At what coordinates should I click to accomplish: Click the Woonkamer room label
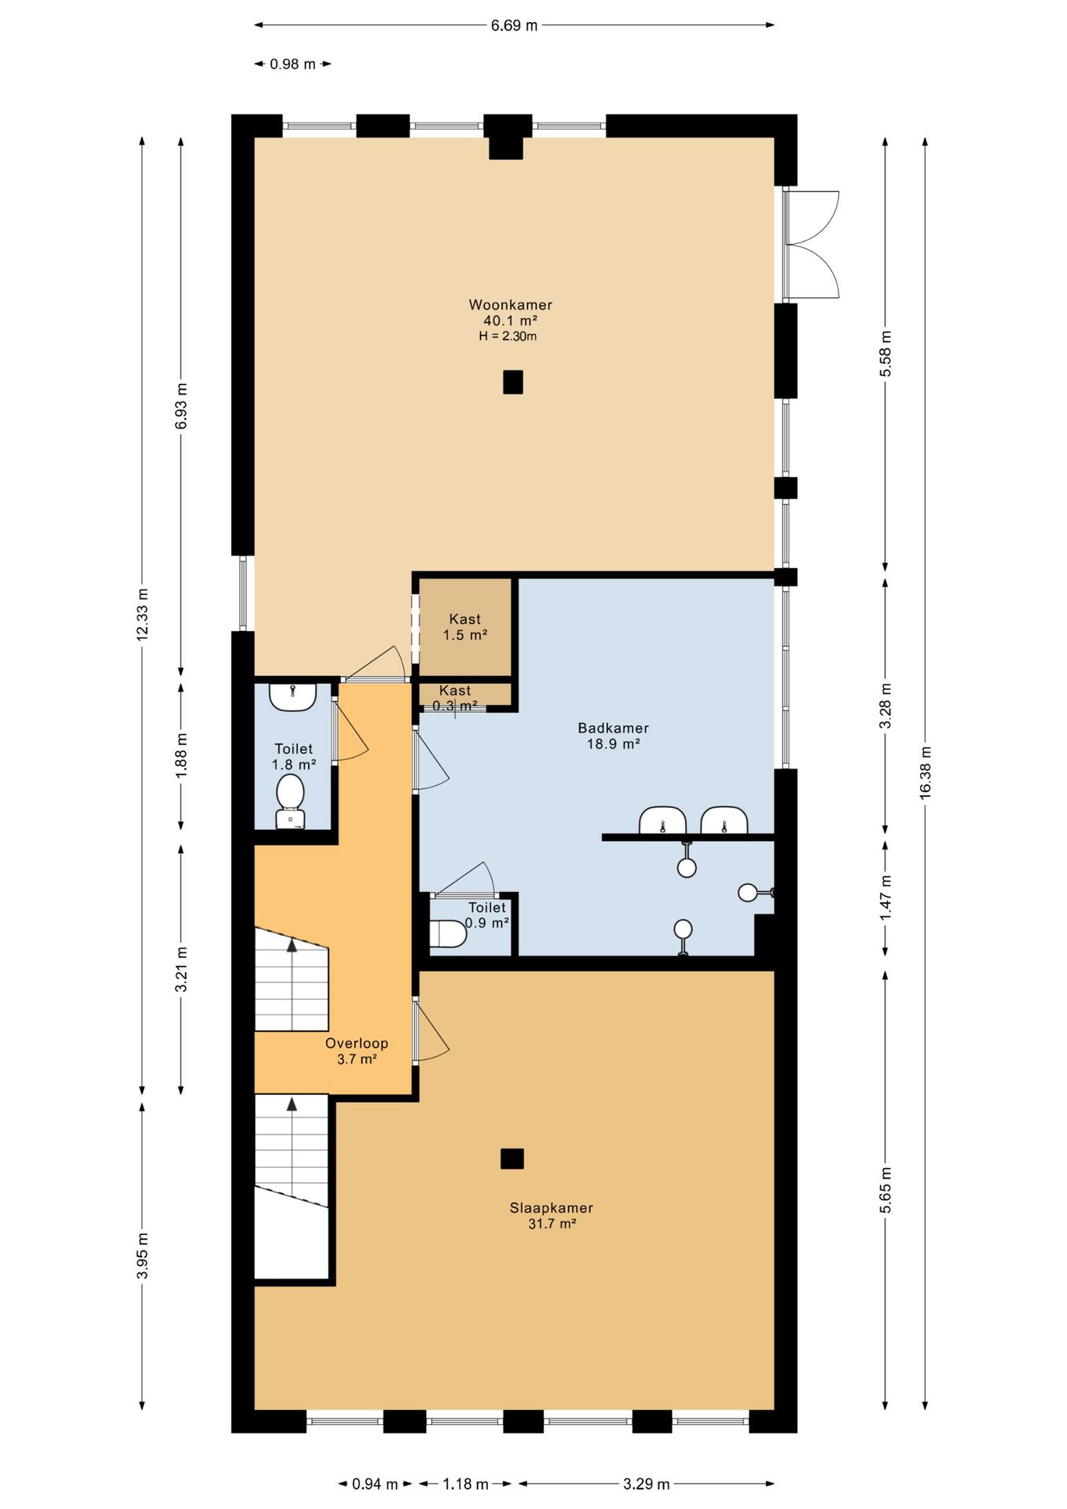(511, 305)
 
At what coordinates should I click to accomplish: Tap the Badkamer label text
(614, 728)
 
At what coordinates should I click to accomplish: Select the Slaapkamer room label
(552, 1208)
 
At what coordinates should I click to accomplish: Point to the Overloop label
(357, 1043)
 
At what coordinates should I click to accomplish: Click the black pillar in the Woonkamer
(513, 382)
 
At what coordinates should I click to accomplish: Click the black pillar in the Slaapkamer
(512, 1158)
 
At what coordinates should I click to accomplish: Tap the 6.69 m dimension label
(515, 25)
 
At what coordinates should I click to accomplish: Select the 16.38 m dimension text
(926, 773)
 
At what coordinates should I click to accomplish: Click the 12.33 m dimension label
(142, 615)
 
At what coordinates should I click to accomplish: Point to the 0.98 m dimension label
(293, 64)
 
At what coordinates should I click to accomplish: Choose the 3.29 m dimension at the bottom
(647, 1484)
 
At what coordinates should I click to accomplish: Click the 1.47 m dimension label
(885, 898)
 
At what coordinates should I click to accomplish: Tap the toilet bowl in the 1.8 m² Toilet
(291, 801)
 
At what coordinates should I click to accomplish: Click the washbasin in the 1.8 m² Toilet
(293, 696)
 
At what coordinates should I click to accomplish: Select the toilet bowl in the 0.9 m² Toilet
(449, 934)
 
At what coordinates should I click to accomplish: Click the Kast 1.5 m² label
(465, 627)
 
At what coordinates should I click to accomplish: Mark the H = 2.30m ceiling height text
(508, 336)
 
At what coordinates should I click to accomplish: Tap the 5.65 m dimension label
(885, 1189)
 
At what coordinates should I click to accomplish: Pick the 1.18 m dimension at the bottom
(466, 1484)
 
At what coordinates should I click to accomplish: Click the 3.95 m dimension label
(142, 1256)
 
